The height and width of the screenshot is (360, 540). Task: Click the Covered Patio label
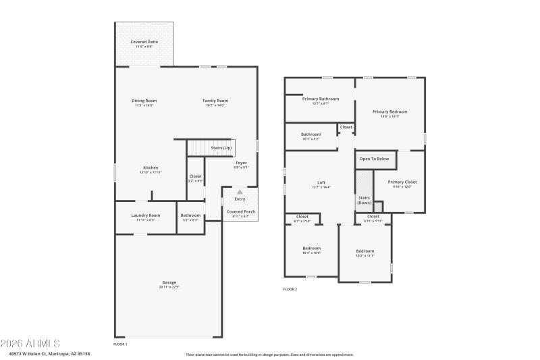(x=144, y=42)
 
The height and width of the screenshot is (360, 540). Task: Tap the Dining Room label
(x=144, y=101)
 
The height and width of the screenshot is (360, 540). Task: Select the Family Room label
(x=215, y=101)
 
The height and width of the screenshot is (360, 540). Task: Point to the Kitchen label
(x=151, y=168)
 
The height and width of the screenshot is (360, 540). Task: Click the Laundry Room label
(x=145, y=215)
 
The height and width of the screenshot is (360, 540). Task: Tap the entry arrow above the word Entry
(x=240, y=192)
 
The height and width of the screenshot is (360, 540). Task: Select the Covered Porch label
(x=240, y=211)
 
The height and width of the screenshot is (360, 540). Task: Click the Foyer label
(x=241, y=163)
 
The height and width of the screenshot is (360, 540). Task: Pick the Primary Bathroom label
(x=321, y=99)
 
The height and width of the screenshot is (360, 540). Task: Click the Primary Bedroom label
(x=390, y=111)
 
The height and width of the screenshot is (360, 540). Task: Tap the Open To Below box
(x=375, y=159)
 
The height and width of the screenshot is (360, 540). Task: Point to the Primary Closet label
(x=402, y=182)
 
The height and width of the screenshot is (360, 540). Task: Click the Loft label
(x=321, y=182)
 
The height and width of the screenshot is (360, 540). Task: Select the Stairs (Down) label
(x=364, y=200)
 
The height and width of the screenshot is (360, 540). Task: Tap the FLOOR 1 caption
(x=120, y=344)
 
